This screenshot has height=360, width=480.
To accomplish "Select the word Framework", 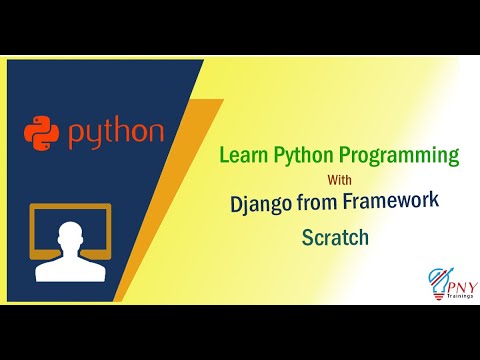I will pos(397,206).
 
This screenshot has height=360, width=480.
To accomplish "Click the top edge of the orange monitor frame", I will pos(70,206).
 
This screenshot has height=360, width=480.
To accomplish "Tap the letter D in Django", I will pos(236,206).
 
